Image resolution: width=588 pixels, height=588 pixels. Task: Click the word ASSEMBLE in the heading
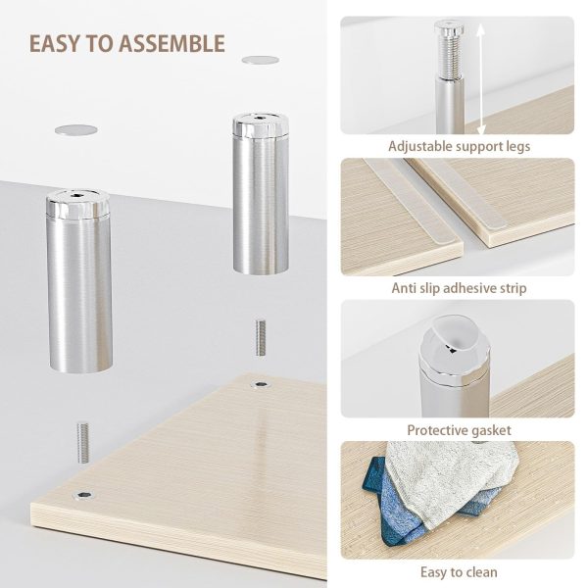[171, 43]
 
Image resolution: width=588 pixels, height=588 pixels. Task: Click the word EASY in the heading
[56, 43]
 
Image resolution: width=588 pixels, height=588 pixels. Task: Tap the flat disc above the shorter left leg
[76, 130]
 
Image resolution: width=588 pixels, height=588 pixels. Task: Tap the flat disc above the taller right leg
[261, 60]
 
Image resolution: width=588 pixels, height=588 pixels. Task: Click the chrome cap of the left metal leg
[78, 203]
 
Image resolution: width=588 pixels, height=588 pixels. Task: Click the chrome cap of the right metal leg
[261, 124]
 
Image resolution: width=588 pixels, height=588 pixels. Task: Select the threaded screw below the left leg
[83, 443]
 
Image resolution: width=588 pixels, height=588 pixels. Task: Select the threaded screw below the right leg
[261, 337]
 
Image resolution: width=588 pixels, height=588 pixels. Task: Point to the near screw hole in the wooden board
[84, 495]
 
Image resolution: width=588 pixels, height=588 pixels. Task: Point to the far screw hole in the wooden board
[261, 384]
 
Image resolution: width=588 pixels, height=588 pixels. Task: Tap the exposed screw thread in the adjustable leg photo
[450, 56]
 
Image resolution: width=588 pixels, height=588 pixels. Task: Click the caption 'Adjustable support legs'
[459, 146]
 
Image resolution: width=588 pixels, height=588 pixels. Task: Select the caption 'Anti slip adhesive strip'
[459, 288]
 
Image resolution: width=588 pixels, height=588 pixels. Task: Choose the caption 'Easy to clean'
[459, 572]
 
